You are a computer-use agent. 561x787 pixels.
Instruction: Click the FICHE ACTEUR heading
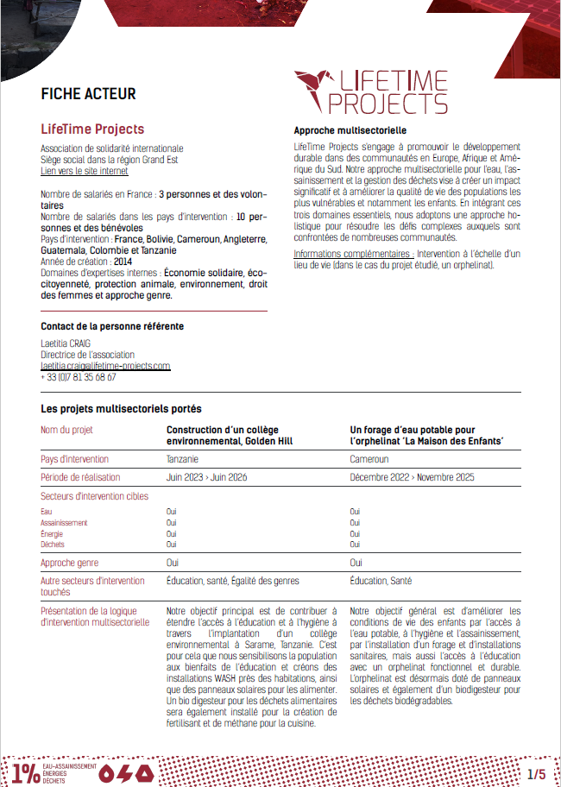[x=88, y=94]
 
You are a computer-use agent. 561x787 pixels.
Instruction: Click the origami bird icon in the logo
[x=315, y=90]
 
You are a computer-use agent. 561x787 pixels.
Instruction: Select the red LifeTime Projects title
[x=92, y=129]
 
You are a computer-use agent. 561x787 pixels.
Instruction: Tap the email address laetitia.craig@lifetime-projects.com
[x=105, y=366]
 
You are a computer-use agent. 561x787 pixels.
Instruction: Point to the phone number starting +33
[x=78, y=377]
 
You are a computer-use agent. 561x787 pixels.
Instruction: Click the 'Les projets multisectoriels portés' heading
[x=121, y=408]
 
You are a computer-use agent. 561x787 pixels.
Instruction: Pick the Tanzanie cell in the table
[x=182, y=459]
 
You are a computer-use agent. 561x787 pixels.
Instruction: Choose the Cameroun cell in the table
[x=369, y=459]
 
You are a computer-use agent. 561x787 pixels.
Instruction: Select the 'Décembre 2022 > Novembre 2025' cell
[x=411, y=476]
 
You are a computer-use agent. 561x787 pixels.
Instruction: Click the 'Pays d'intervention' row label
[x=80, y=459]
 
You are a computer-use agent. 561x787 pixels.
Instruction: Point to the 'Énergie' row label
[x=53, y=533]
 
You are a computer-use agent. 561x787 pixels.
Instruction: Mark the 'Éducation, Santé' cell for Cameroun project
[x=380, y=581]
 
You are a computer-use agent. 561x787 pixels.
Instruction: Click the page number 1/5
[x=536, y=773]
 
